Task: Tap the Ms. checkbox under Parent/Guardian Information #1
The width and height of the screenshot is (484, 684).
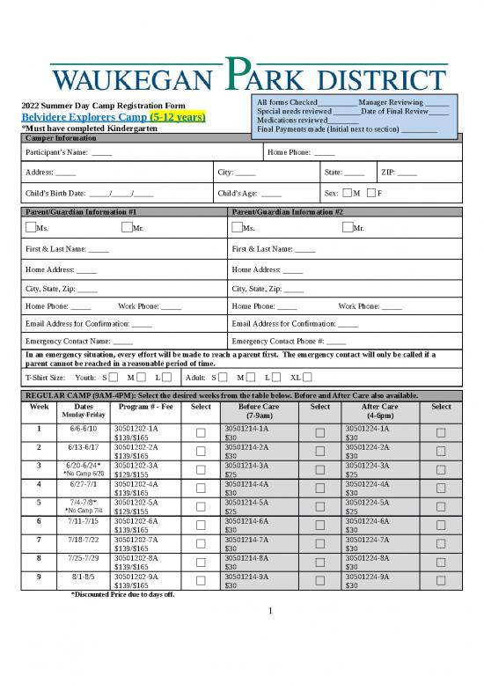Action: (x=31, y=228)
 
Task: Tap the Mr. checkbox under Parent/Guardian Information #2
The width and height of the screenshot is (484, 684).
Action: (x=346, y=228)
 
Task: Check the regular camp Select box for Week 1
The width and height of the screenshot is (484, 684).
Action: (x=200, y=432)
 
